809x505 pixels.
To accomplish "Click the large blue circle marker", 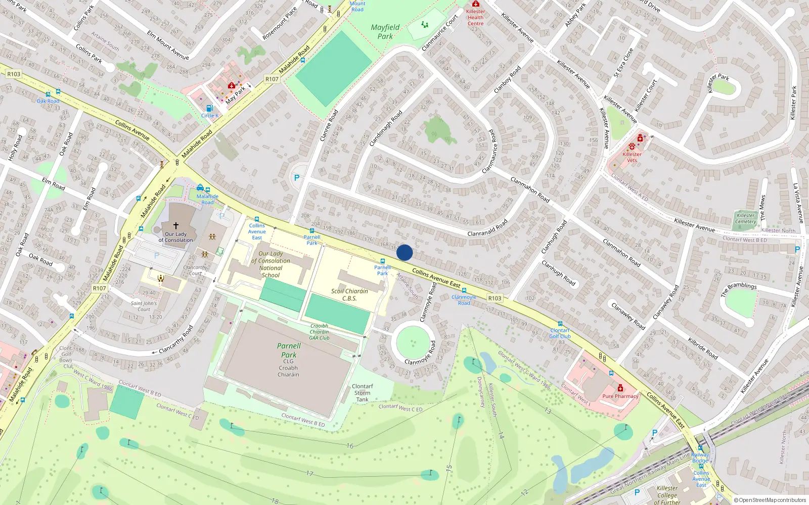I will (404, 252).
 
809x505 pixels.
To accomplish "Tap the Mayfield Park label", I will (385, 32).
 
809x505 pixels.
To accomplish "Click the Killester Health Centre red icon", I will (475, 4).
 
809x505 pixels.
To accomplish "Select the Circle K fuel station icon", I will (209, 108).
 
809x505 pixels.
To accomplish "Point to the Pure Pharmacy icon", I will (620, 388).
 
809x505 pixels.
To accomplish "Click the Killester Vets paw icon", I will (632, 146).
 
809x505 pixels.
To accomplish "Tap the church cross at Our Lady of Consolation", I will (176, 226).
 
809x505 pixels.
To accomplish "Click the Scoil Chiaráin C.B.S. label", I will (349, 294).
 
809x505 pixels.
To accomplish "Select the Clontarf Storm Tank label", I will (362, 393).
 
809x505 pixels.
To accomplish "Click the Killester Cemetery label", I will (746, 218).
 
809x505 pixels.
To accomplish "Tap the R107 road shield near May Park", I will (272, 79).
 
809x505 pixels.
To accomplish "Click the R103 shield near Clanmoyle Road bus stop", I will (495, 298).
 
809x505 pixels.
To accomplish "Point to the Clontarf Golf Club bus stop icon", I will (560, 324).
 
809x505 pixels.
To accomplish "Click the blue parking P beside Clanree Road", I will (297, 178).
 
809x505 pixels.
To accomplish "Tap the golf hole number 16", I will (350, 446).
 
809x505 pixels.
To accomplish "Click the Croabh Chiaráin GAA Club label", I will (319, 332).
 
